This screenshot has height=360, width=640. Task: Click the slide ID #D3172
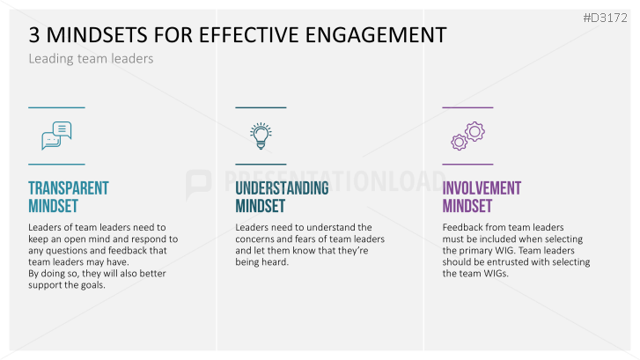pos(606,18)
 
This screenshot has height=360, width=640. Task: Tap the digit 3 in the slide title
pos(34,34)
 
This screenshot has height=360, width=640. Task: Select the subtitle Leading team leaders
pos(91,59)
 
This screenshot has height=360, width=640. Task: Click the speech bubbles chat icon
pos(56,136)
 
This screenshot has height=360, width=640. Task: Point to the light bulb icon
pos(261,136)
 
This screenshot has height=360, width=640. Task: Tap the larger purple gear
pos(474,131)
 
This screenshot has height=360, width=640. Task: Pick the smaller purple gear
pos(460,142)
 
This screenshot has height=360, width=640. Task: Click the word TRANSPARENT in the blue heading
pos(69,188)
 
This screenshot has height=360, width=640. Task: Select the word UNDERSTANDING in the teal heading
pos(282,188)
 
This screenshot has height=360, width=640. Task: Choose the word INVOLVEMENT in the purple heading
pos(482,188)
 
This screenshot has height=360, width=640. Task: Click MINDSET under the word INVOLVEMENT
pos(467,206)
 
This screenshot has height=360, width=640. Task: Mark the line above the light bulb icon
pos(261,107)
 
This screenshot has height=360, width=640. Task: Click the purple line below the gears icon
pos(467,165)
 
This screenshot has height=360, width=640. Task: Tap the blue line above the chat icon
pos(56,107)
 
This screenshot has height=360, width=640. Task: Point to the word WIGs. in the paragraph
pos(497,274)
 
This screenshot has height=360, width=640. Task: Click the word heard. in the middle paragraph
pos(275,262)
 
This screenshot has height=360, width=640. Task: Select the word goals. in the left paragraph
pos(92,285)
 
